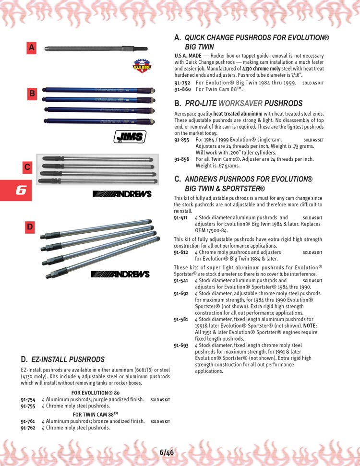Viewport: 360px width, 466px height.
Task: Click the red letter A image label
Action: (32, 48)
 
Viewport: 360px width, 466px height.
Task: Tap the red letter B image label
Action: (32, 94)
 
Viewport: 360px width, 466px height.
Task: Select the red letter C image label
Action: (28, 167)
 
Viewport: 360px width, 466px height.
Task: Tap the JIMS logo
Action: (130, 137)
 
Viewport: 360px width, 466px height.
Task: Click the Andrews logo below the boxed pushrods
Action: (121, 194)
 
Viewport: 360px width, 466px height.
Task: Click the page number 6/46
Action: (167, 452)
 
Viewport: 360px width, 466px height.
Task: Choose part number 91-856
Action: (182, 159)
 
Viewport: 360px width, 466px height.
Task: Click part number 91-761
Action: (28, 421)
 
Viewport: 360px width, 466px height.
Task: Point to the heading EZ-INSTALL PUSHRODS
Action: (68, 359)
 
